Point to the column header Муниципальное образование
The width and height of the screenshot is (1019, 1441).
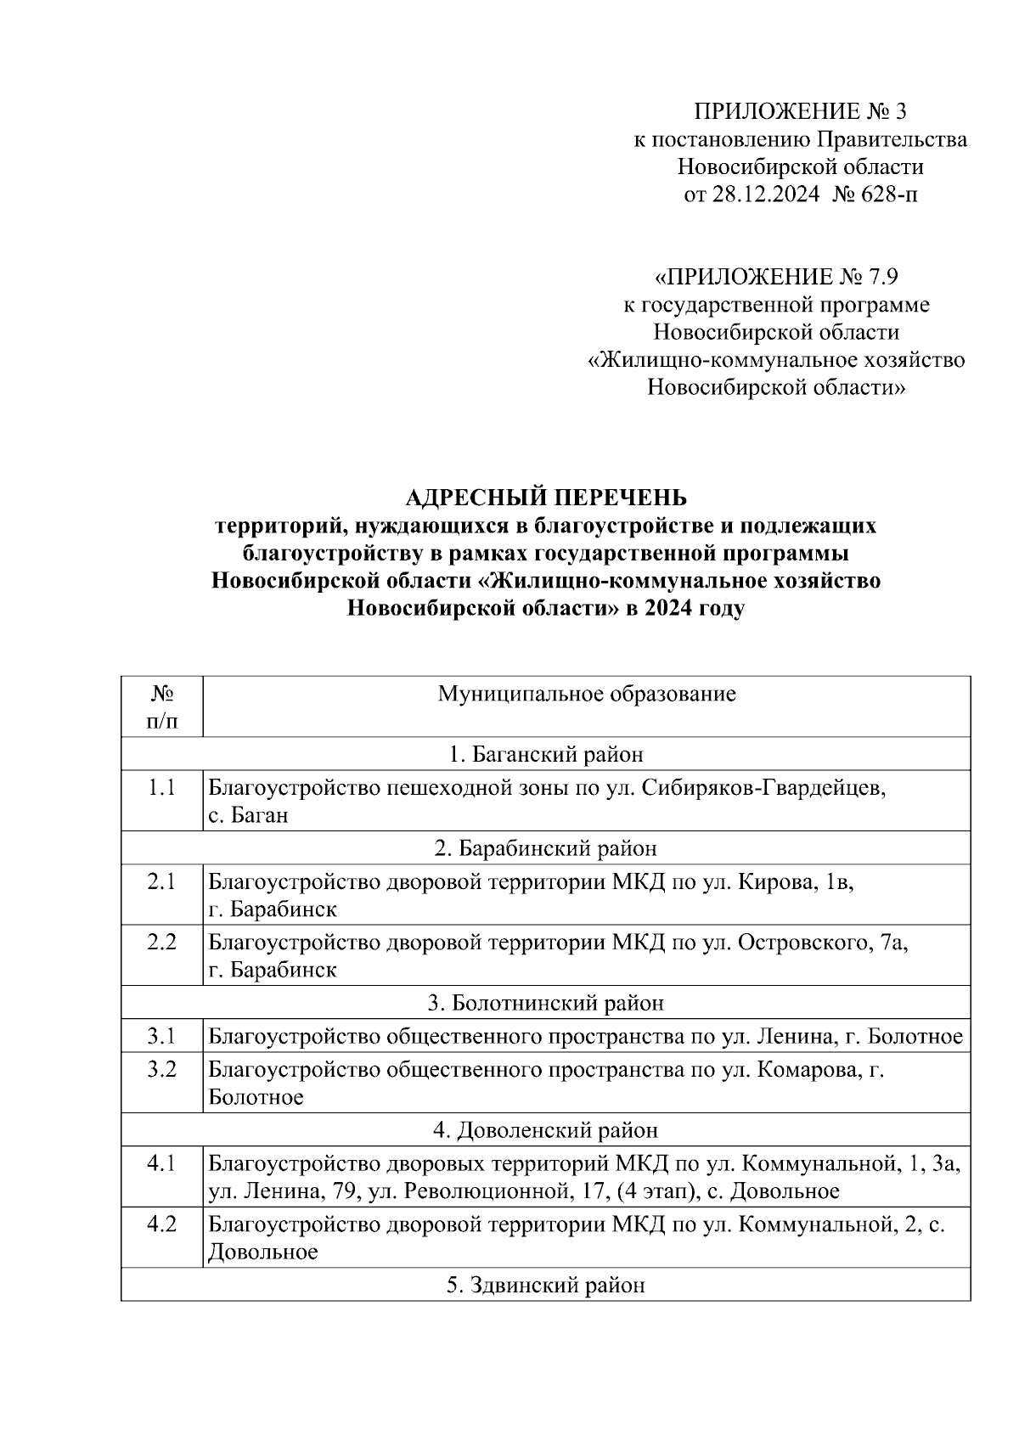click(587, 695)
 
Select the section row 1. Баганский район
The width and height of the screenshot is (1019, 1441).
click(545, 754)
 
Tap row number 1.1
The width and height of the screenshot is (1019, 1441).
click(161, 787)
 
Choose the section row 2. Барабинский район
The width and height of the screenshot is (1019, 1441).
click(545, 848)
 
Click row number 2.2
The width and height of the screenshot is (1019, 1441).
click(161, 942)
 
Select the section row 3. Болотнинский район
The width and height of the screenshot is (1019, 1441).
click(545, 1003)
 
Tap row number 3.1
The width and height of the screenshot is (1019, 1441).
click(161, 1036)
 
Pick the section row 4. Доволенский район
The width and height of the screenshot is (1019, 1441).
click(545, 1130)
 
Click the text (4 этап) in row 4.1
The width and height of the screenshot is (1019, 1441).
click(654, 1191)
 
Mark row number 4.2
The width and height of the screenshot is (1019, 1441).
click(161, 1224)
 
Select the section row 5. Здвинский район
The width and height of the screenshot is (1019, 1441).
click(545, 1286)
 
